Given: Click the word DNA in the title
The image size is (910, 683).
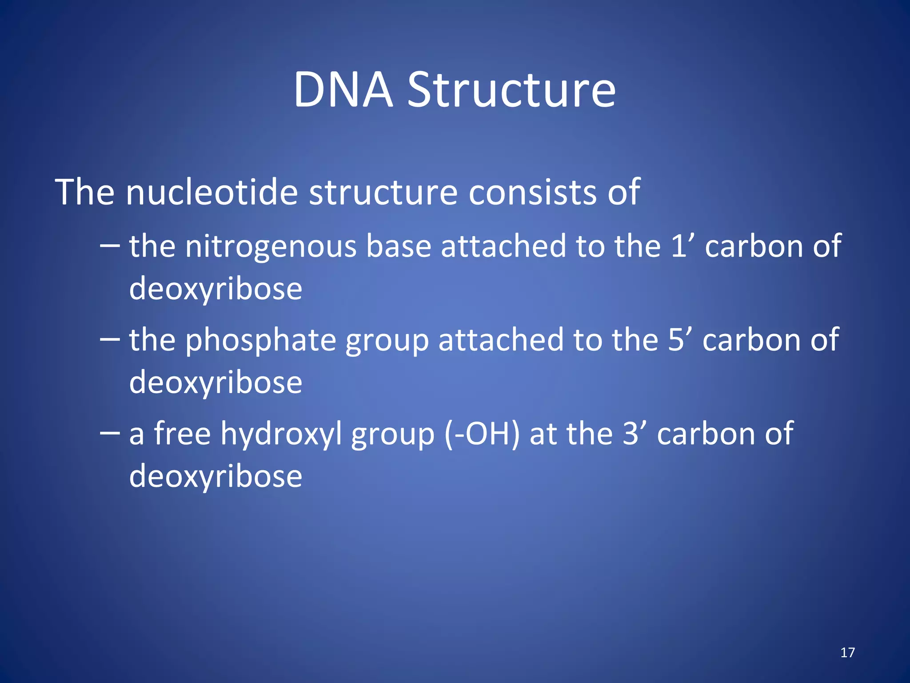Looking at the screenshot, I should [x=343, y=90].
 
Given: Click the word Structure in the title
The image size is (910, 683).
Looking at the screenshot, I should [x=511, y=90].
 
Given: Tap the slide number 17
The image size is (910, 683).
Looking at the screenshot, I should [x=847, y=652].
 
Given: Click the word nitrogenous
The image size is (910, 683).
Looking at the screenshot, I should [x=271, y=246].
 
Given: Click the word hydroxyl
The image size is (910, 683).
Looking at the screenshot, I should [x=281, y=434].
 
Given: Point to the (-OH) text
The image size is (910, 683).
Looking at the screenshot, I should [x=482, y=434].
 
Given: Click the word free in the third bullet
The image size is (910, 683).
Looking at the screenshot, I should [x=182, y=434].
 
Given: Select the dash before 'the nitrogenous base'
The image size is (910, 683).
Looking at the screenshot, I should [x=110, y=245].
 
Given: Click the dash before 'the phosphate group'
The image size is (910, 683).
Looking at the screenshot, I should [x=110, y=339].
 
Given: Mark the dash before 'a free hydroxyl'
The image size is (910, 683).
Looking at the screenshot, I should [x=110, y=433].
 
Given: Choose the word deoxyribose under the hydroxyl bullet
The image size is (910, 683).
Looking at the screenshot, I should [x=216, y=476].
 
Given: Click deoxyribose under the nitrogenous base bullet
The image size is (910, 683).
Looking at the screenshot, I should [x=216, y=289].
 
